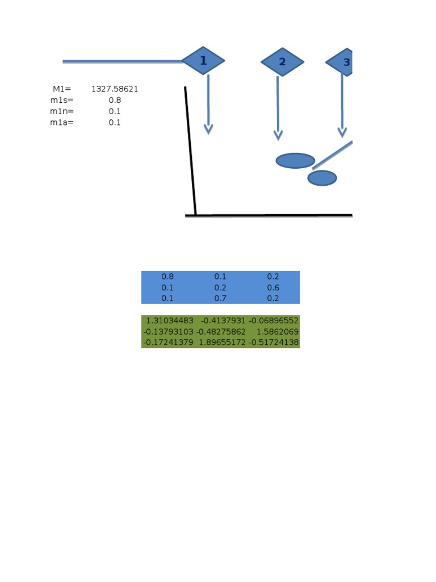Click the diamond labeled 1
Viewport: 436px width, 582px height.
click(x=203, y=61)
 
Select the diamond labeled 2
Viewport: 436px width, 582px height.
click(x=282, y=62)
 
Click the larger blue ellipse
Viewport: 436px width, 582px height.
click(x=295, y=161)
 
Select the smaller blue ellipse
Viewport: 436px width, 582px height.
click(x=322, y=178)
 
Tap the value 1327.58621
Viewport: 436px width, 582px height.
click(x=115, y=89)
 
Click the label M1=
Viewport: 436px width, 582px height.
click(x=62, y=89)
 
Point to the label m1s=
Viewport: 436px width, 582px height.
click(x=62, y=100)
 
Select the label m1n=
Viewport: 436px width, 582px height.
click(x=62, y=111)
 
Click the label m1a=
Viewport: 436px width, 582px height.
click(x=62, y=122)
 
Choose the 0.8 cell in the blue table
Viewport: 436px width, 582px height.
click(x=167, y=277)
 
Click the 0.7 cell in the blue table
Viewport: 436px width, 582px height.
click(x=220, y=298)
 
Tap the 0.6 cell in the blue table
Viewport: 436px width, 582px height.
click(x=273, y=288)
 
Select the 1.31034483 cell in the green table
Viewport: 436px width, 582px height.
click(x=170, y=321)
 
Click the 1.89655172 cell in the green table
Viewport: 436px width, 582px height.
click(x=222, y=342)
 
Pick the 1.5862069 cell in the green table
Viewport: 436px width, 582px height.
click(x=278, y=331)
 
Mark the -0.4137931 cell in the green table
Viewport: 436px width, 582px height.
click(x=223, y=321)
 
